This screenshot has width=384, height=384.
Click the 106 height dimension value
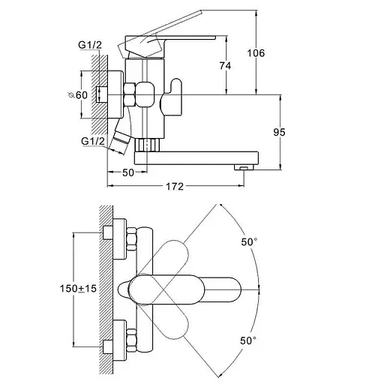pyautogui.click(x=256, y=53)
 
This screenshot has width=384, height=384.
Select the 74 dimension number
pyautogui.click(x=225, y=66)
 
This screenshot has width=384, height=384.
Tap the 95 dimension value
pyautogui.click(x=279, y=132)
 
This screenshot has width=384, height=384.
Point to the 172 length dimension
pyautogui.click(x=175, y=186)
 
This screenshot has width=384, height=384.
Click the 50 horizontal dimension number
pyautogui.click(x=128, y=172)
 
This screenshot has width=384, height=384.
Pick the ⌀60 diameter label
pyautogui.click(x=78, y=95)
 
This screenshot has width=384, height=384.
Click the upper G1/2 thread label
pyautogui.click(x=90, y=45)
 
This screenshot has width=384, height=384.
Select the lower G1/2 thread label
pyautogui.click(x=93, y=141)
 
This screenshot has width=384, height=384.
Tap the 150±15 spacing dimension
pyautogui.click(x=78, y=289)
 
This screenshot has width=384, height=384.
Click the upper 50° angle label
pyautogui.click(x=249, y=242)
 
